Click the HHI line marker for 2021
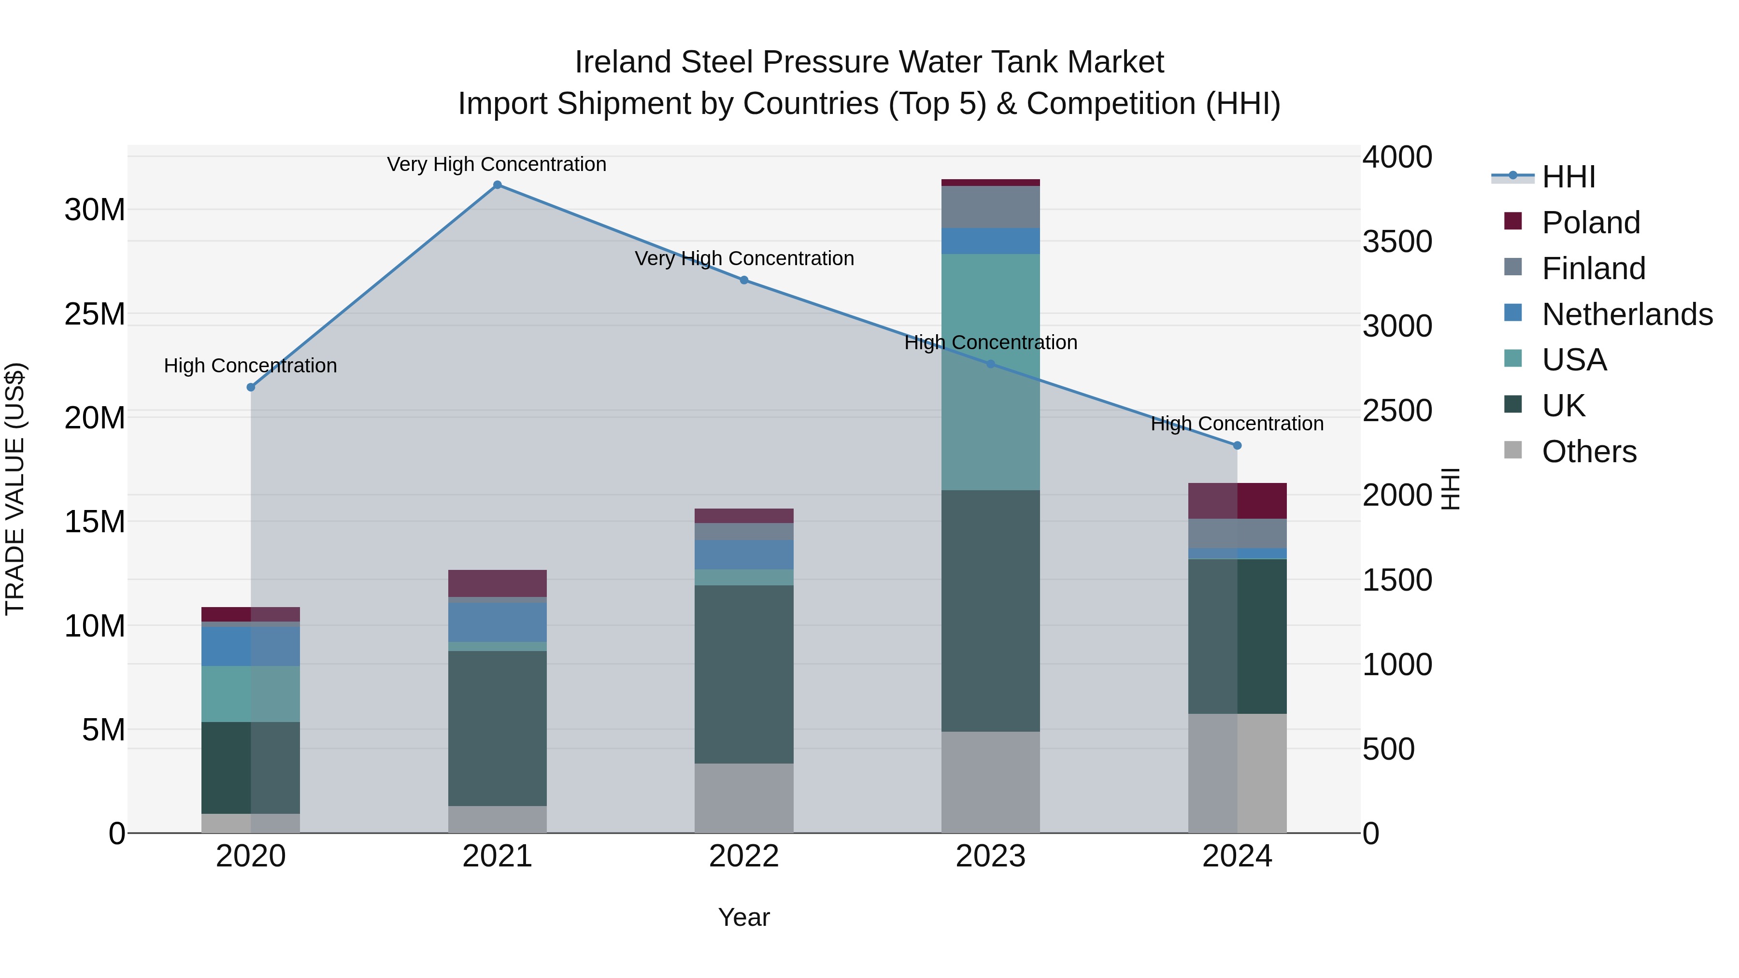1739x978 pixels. pos(497,185)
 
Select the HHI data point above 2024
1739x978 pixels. pos(1237,445)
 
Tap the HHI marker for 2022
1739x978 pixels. pos(744,280)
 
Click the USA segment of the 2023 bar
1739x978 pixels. pos(990,371)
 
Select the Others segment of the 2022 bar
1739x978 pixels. pos(744,798)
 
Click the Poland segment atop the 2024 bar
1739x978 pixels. pos(1237,501)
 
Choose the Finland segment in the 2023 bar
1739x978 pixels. pos(990,207)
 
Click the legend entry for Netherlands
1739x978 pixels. pos(1626,314)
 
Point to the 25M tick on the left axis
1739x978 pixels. pos(95,314)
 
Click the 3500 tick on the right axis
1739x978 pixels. pos(1397,241)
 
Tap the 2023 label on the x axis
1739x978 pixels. pos(990,856)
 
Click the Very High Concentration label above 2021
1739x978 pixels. pos(497,164)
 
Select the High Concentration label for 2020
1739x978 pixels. pos(250,366)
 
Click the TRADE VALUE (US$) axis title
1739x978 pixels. pos(15,489)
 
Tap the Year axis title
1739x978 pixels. pos(743,917)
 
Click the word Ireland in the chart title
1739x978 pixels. pos(623,62)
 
